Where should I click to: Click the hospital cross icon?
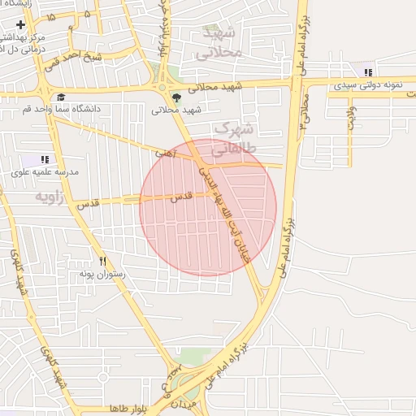point(20,25)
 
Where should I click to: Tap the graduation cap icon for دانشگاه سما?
point(61,97)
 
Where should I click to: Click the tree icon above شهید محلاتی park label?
point(176,97)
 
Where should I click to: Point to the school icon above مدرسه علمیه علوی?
point(44,160)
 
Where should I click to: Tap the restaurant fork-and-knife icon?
point(102,262)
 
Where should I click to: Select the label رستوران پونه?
point(100,275)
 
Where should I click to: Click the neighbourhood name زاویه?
point(50,197)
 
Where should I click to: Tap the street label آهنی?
point(164,152)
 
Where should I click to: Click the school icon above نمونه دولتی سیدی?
point(368,72)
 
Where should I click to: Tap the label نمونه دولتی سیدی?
point(366,84)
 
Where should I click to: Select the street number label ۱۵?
point(52,16)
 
